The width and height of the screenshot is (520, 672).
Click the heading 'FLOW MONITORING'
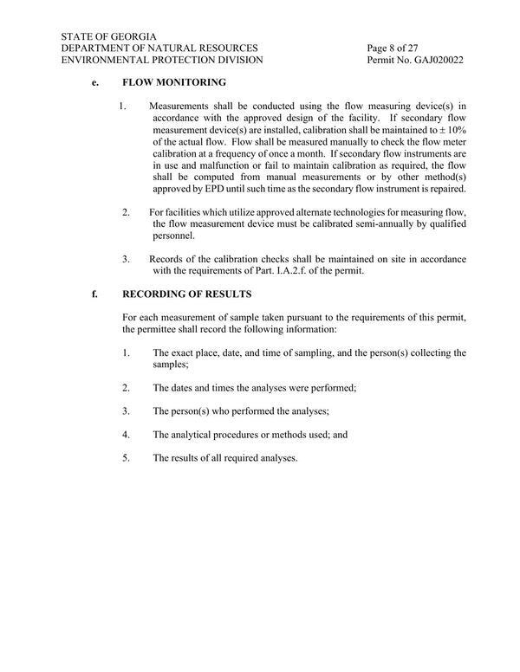coord(174,82)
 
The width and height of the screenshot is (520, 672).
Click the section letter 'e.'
coord(95,82)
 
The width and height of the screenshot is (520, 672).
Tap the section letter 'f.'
coord(95,294)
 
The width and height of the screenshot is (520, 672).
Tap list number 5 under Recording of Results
coord(127,458)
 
